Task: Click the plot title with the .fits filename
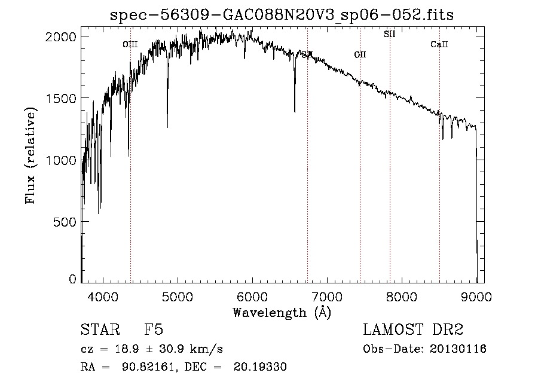[x=282, y=15]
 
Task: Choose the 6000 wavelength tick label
[x=252, y=296]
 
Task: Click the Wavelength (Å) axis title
[x=282, y=312]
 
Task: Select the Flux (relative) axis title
[x=31, y=155]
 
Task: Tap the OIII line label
[x=130, y=44]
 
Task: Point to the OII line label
[x=360, y=55]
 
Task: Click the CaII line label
[x=439, y=44]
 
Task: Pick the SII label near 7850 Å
[x=390, y=34]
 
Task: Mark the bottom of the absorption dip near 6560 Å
[x=295, y=111]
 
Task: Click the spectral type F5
[x=154, y=330]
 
